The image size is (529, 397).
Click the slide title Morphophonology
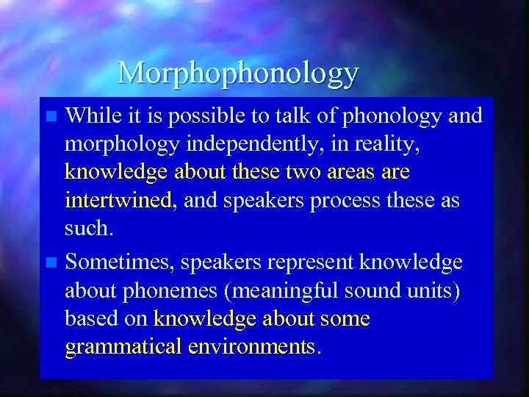238,73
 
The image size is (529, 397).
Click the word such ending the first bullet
87,228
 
